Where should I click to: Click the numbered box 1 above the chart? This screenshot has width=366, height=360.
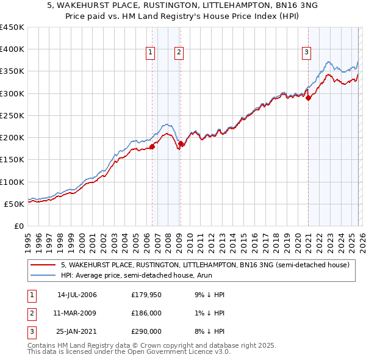(x=150, y=53)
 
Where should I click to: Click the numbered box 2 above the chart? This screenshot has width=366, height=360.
(x=179, y=53)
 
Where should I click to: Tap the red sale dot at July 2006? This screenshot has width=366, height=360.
(x=152, y=146)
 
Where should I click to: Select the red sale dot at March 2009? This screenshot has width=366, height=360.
(x=181, y=143)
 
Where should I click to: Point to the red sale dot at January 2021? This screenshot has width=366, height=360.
(x=309, y=97)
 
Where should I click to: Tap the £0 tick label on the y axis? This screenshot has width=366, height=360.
(x=18, y=226)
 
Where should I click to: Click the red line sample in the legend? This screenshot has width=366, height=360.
(x=43, y=265)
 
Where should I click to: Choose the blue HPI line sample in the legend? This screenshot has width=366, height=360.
(x=43, y=275)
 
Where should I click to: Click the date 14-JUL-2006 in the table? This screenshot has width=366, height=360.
(x=77, y=295)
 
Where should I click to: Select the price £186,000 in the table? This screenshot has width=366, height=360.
(x=146, y=313)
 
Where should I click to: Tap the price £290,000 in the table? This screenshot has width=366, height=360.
(x=146, y=331)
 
